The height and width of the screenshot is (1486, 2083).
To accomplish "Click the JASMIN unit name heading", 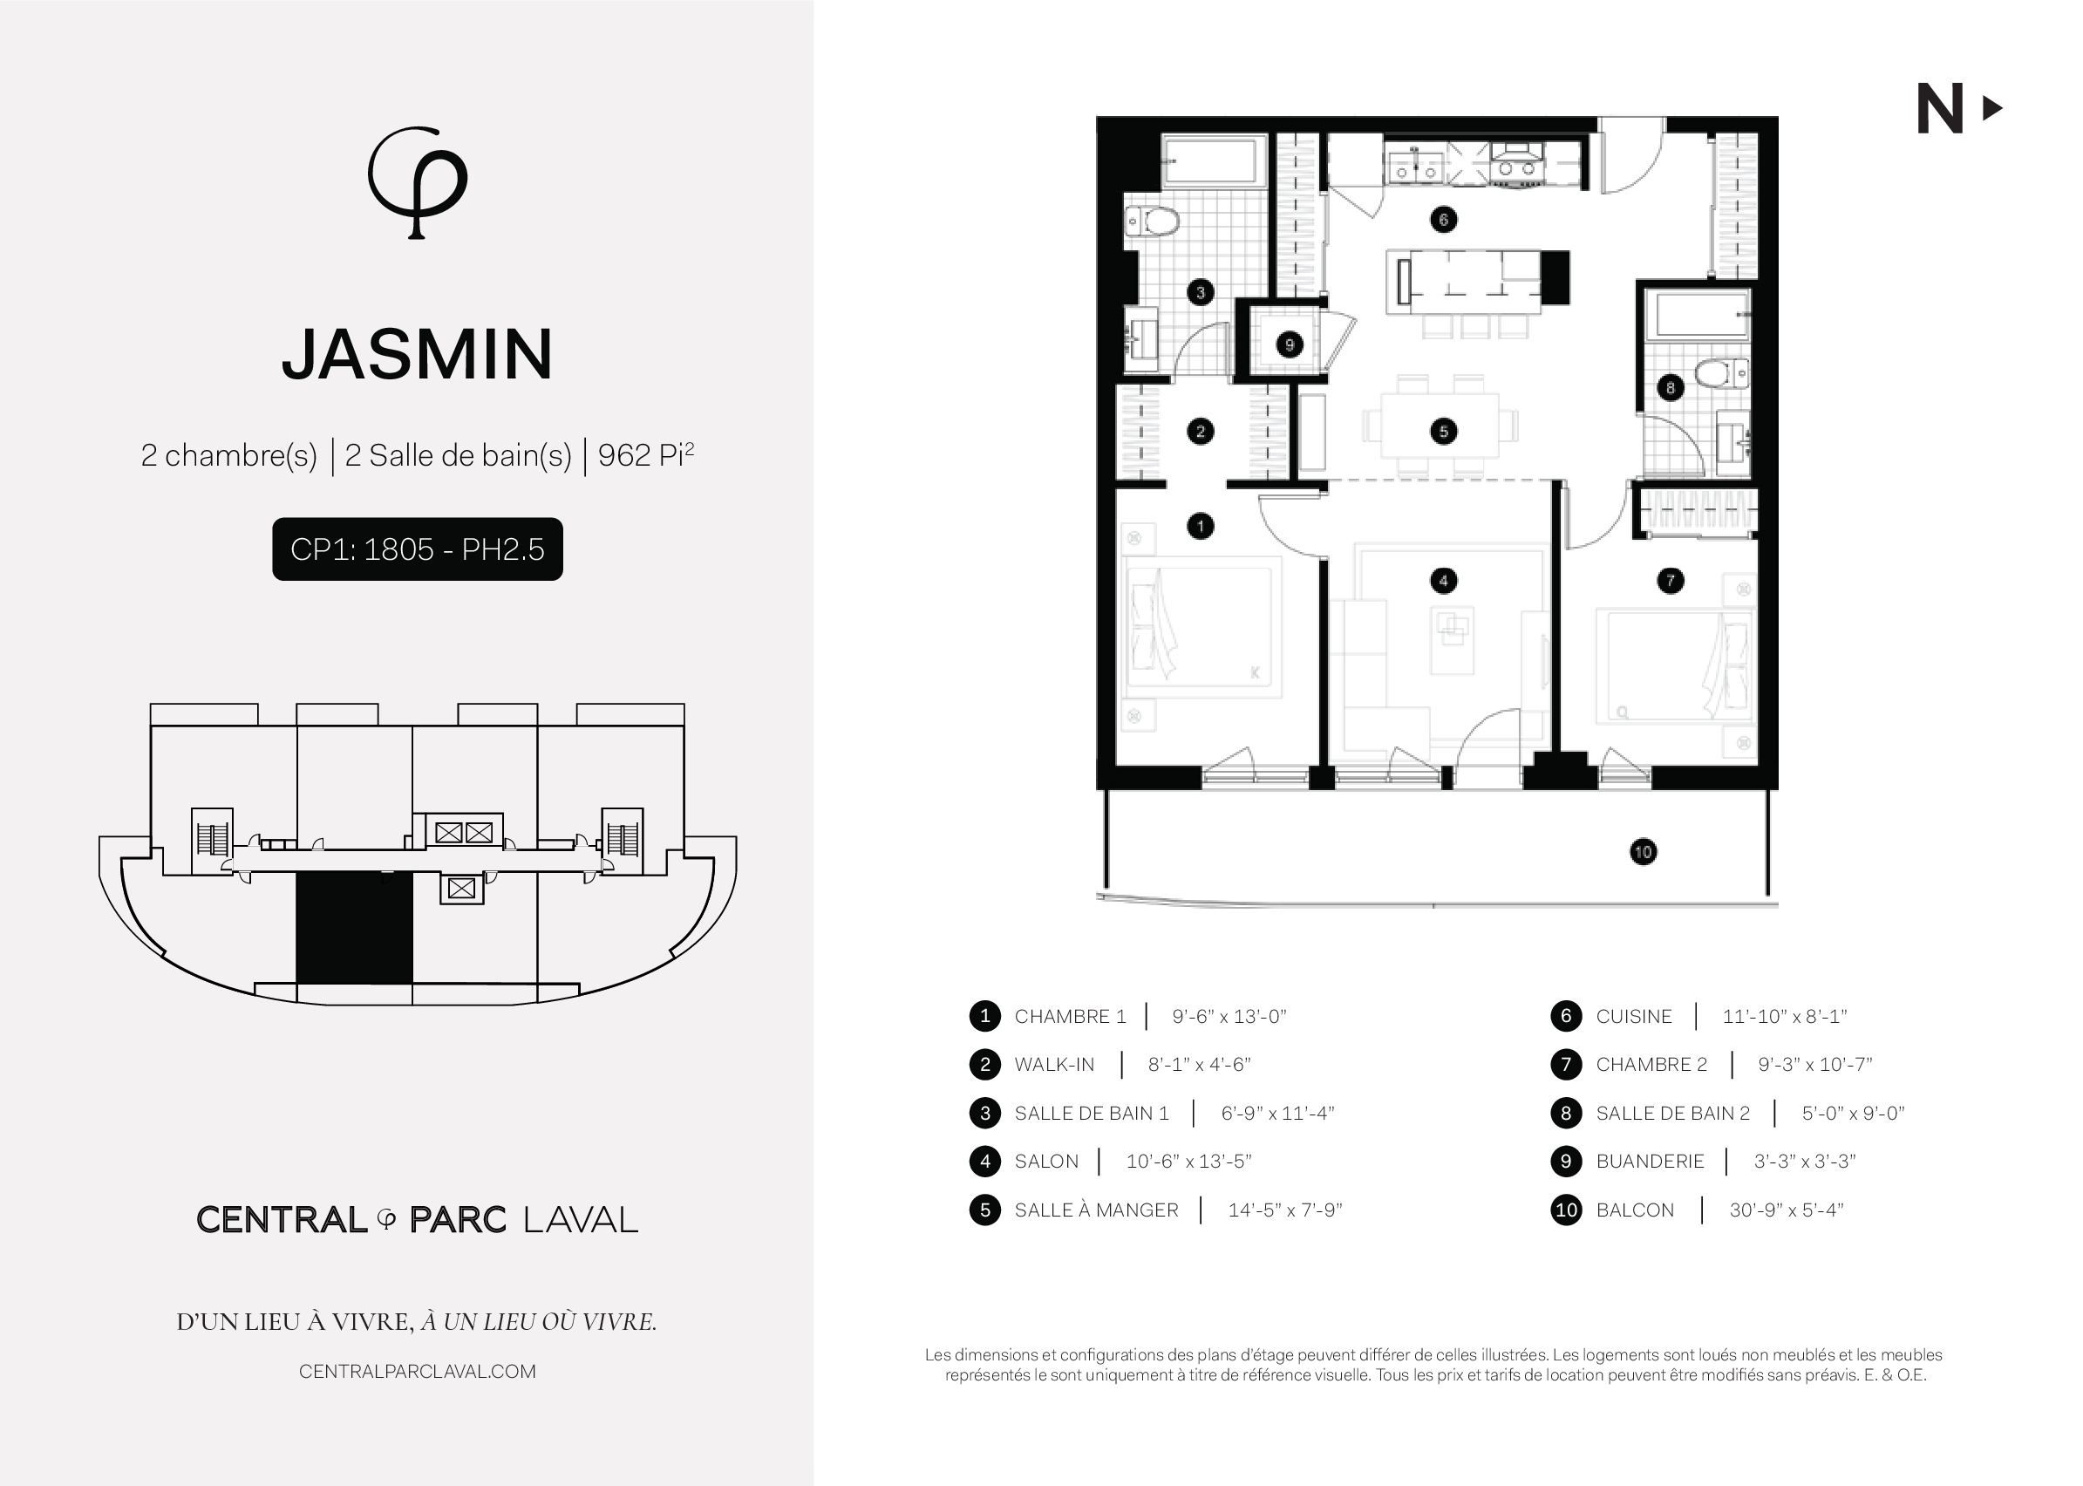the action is coord(417,354).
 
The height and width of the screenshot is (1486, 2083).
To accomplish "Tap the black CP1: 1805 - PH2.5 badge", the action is coord(417,549).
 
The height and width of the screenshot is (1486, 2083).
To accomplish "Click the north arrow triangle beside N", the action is coord(1991,109).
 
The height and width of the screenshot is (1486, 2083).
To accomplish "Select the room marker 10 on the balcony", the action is coord(1643,852).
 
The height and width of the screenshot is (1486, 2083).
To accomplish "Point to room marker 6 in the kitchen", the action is coord(1444,220).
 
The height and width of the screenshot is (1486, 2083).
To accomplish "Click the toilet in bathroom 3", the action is coord(1152,221).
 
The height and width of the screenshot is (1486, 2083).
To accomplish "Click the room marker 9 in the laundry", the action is coord(1289,345).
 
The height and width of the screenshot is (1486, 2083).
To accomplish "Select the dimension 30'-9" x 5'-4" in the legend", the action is coord(1786,1210).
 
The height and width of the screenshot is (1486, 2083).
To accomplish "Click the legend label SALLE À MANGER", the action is coord(1096,1210).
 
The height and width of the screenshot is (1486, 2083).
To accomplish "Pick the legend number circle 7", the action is coord(1566,1064).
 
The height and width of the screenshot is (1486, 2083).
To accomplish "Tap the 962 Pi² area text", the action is coord(646,454).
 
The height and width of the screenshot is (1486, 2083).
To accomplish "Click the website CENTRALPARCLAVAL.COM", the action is coord(417,1372).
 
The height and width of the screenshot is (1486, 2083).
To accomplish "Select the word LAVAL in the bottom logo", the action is coord(581,1220).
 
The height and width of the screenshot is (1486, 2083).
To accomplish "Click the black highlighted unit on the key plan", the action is coord(354,927).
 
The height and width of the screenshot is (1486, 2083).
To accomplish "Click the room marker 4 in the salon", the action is coord(1444,580).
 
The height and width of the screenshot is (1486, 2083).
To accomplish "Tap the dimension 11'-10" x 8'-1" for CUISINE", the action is coord(1784,1016).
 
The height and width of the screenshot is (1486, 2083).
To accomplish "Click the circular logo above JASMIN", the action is coord(417,182).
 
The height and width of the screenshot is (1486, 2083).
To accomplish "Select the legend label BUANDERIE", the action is coord(1650,1162).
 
